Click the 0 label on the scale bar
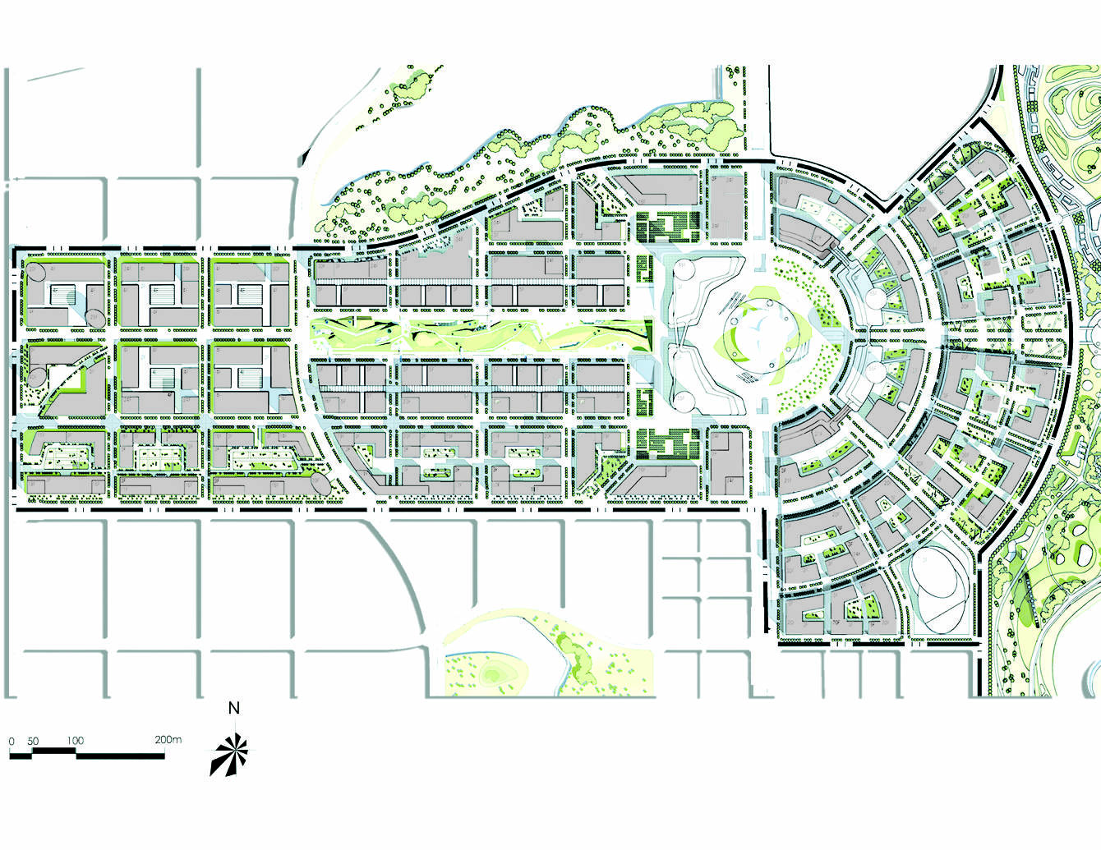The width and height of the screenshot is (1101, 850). pos(12,742)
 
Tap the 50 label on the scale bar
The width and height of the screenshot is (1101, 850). pos(33,742)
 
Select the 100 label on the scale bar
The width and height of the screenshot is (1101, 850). pos(75,741)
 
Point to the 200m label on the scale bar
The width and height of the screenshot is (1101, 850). pos(168,739)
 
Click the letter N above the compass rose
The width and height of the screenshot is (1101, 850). pos(234,708)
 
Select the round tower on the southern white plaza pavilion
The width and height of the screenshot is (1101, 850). pos(684,401)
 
